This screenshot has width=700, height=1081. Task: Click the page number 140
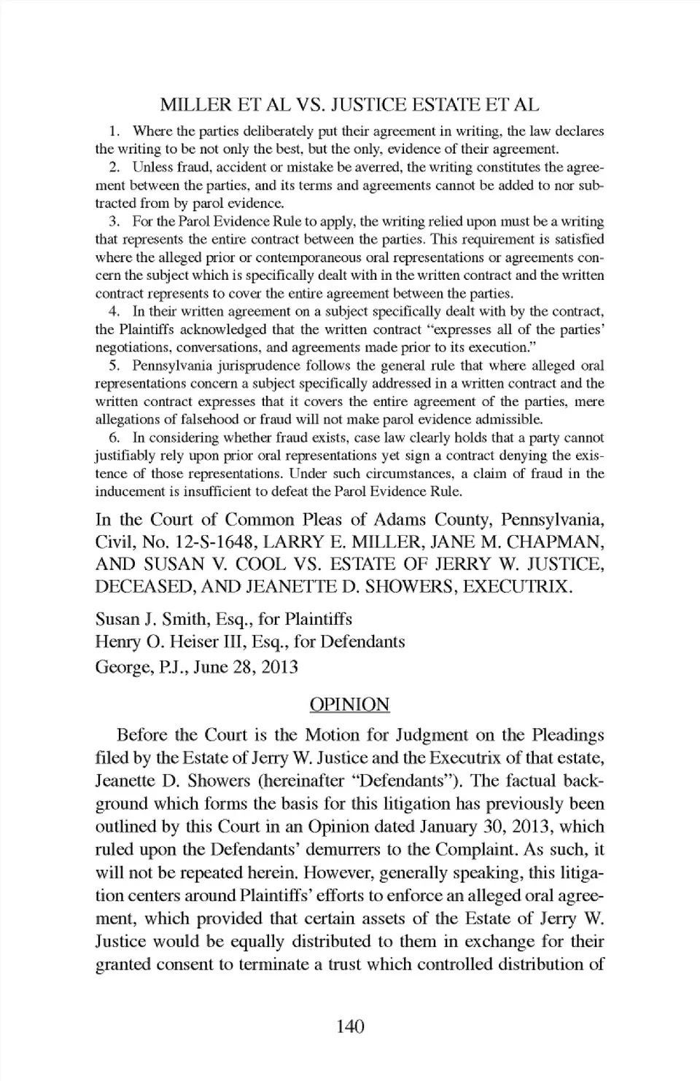click(350, 1027)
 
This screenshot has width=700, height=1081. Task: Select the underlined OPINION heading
click(349, 704)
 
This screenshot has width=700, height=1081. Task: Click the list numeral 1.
click(114, 131)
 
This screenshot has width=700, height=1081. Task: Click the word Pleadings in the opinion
click(559, 735)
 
